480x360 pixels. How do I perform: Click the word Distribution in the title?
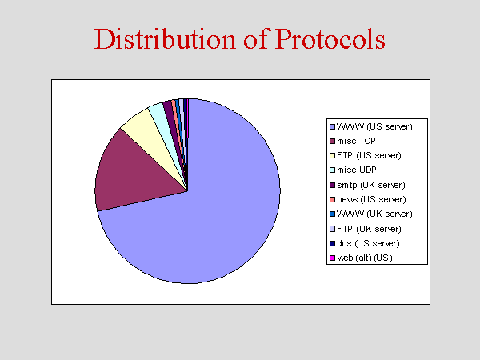click(x=166, y=39)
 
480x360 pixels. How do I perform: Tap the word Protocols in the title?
click(x=330, y=39)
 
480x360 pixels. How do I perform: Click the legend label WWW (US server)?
click(x=374, y=126)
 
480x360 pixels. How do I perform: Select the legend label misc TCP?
click(x=356, y=141)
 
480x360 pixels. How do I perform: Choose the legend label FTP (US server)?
click(x=369, y=155)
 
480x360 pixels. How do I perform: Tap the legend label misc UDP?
click(x=357, y=170)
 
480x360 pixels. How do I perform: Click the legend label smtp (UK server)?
click(x=371, y=185)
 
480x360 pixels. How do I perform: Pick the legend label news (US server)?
click(x=371, y=199)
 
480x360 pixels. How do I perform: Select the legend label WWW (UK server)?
click(x=374, y=214)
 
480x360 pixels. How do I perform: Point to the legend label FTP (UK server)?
click(x=369, y=229)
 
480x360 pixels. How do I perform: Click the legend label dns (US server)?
click(x=368, y=243)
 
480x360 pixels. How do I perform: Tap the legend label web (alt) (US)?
click(x=365, y=258)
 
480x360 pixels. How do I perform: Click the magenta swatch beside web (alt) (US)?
click(x=332, y=258)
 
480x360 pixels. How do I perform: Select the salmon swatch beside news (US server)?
click(x=332, y=199)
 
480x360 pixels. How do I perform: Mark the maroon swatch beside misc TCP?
click(x=332, y=141)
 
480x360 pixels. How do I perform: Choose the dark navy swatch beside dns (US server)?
click(x=332, y=244)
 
